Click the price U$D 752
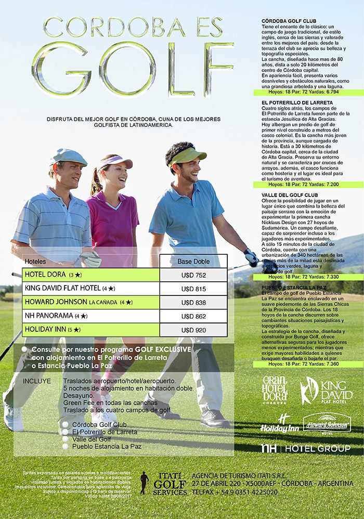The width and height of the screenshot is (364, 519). [x=194, y=275]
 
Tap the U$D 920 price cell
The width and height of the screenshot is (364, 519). [x=194, y=330]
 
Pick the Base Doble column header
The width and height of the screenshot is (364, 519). [x=193, y=261]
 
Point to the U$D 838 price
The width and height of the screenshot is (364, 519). [x=194, y=302]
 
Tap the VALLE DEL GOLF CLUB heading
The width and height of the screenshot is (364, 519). [x=290, y=195]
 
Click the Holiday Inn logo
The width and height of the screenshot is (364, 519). [x=280, y=424]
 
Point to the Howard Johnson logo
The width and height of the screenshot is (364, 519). [x=327, y=423]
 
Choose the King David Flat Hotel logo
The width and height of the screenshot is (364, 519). [x=326, y=391]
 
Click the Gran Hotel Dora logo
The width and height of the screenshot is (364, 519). [x=275, y=390]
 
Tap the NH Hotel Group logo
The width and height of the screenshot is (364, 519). [x=305, y=448]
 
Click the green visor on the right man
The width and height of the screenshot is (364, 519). [x=187, y=155]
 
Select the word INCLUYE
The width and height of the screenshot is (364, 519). [x=37, y=381]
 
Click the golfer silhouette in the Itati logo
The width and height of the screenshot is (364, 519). [x=144, y=483]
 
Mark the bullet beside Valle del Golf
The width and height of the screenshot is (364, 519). [x=65, y=439]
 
